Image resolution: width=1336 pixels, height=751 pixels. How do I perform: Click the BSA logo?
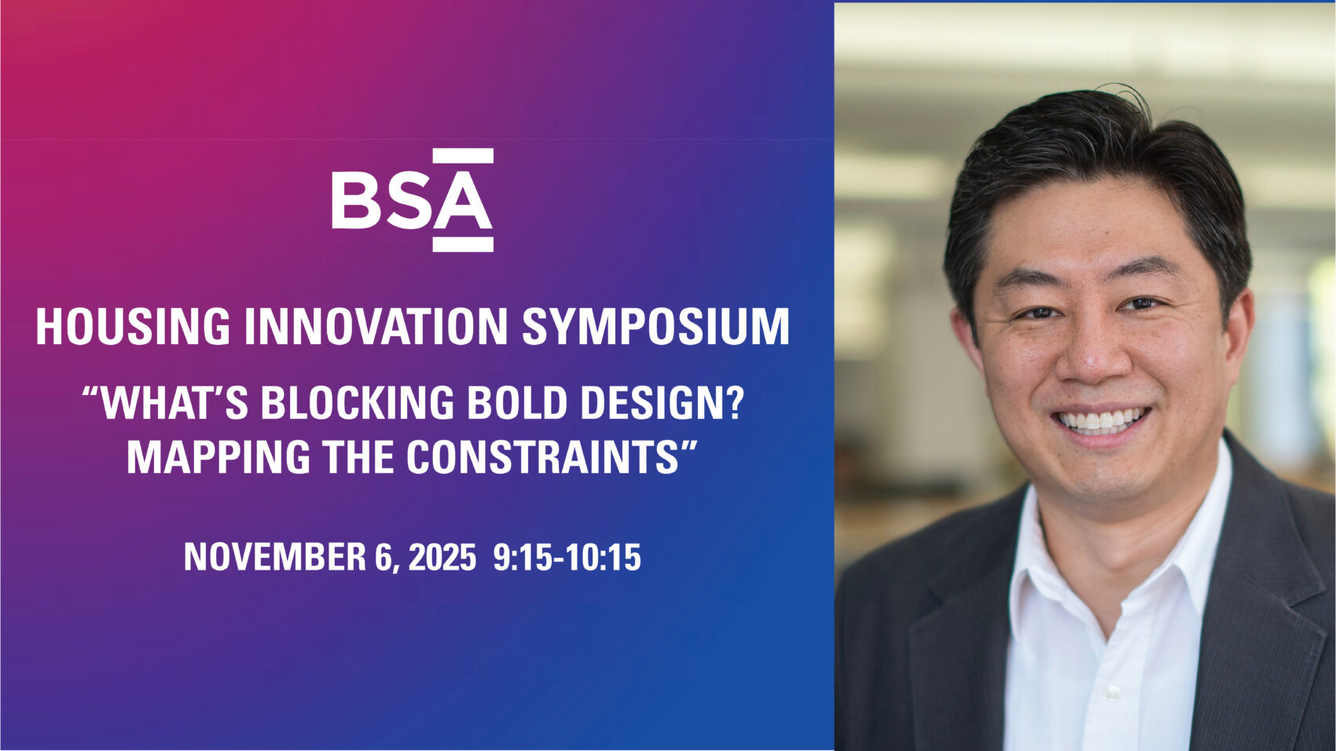coord(413,200)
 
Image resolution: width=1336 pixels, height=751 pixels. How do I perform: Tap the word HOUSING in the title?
coord(134,327)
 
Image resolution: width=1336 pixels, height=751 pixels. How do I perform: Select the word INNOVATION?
coord(376,327)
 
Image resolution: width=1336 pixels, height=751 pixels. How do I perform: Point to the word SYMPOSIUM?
coord(655,327)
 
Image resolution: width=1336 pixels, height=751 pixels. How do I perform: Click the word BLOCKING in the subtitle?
coord(358,403)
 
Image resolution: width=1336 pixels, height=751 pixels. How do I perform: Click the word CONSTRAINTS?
coord(542,456)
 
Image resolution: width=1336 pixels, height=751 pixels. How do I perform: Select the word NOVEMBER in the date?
coord(274,557)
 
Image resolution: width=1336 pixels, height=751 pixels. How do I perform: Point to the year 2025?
coord(442,557)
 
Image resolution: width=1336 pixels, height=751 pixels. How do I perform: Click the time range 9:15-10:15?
coord(567,557)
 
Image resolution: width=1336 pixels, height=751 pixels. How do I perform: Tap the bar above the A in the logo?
coord(463,156)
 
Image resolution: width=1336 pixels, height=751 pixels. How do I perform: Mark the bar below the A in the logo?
coord(463,244)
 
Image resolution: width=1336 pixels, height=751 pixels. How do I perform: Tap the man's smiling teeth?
coord(1102,420)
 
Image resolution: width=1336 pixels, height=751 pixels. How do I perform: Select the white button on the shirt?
coord(1112,692)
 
